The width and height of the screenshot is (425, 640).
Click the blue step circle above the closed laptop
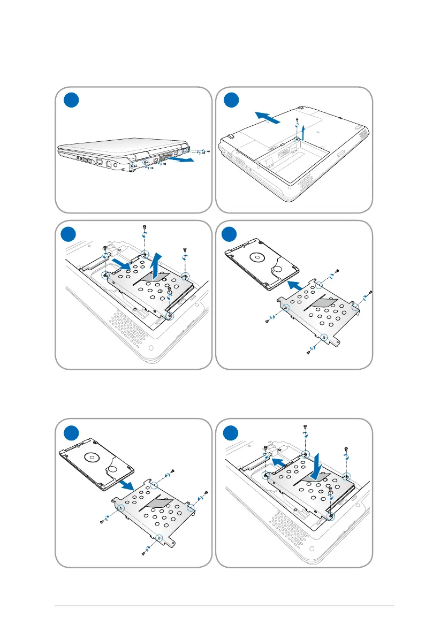click(x=70, y=100)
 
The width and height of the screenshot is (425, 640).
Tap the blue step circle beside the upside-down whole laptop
click(x=231, y=100)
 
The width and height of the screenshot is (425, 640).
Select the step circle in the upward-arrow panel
click(x=70, y=234)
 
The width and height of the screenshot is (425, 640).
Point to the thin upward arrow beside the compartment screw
click(x=303, y=131)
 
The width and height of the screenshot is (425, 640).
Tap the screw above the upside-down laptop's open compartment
click(x=297, y=120)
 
